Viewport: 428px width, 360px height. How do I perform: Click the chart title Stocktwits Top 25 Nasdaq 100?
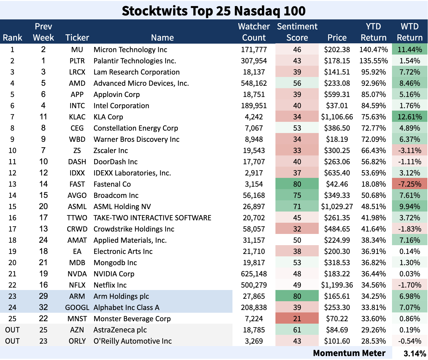click(214, 11)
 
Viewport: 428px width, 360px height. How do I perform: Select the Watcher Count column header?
click(254, 32)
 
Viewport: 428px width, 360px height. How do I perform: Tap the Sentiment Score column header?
click(297, 32)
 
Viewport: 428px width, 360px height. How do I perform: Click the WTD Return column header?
click(410, 32)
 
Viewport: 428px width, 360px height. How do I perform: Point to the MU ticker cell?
click(77, 50)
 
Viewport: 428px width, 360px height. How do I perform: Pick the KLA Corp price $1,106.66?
click(337, 117)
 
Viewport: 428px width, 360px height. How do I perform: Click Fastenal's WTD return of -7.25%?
click(410, 184)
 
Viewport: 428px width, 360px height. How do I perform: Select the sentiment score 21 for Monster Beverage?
click(297, 319)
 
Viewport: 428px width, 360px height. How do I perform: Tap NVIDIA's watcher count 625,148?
click(254, 274)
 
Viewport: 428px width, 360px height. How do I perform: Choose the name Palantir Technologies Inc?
click(135, 61)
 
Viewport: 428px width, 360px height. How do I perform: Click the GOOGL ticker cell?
click(77, 308)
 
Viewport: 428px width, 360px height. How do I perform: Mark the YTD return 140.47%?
click(374, 50)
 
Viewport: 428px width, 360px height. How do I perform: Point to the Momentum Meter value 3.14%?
click(415, 353)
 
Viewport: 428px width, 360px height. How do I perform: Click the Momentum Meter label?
click(349, 353)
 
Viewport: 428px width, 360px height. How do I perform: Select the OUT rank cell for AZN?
click(12, 330)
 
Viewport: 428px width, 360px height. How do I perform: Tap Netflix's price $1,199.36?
click(337, 285)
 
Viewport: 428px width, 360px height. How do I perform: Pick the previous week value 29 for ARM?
click(43, 296)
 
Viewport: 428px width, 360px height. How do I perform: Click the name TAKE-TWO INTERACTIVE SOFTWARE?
click(152, 218)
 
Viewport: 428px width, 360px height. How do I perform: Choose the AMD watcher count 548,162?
click(254, 83)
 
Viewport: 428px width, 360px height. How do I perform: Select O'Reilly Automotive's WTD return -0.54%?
click(410, 341)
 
